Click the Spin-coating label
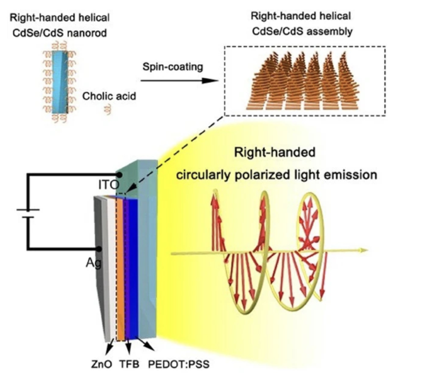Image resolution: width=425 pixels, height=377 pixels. [x=173, y=67]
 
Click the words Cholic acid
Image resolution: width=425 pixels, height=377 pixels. [x=109, y=96]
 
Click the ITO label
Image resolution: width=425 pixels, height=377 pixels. [x=108, y=185]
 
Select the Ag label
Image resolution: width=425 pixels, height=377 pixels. [x=93, y=263]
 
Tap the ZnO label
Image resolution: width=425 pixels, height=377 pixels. [x=101, y=364]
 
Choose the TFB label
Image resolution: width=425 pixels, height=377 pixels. [x=129, y=364]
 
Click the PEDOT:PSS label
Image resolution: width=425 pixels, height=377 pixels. [x=178, y=364]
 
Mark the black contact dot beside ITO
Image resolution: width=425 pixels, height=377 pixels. [x=119, y=175]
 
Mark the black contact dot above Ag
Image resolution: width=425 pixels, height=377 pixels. [x=98, y=249]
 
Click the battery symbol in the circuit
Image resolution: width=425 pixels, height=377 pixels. [x=28, y=213]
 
